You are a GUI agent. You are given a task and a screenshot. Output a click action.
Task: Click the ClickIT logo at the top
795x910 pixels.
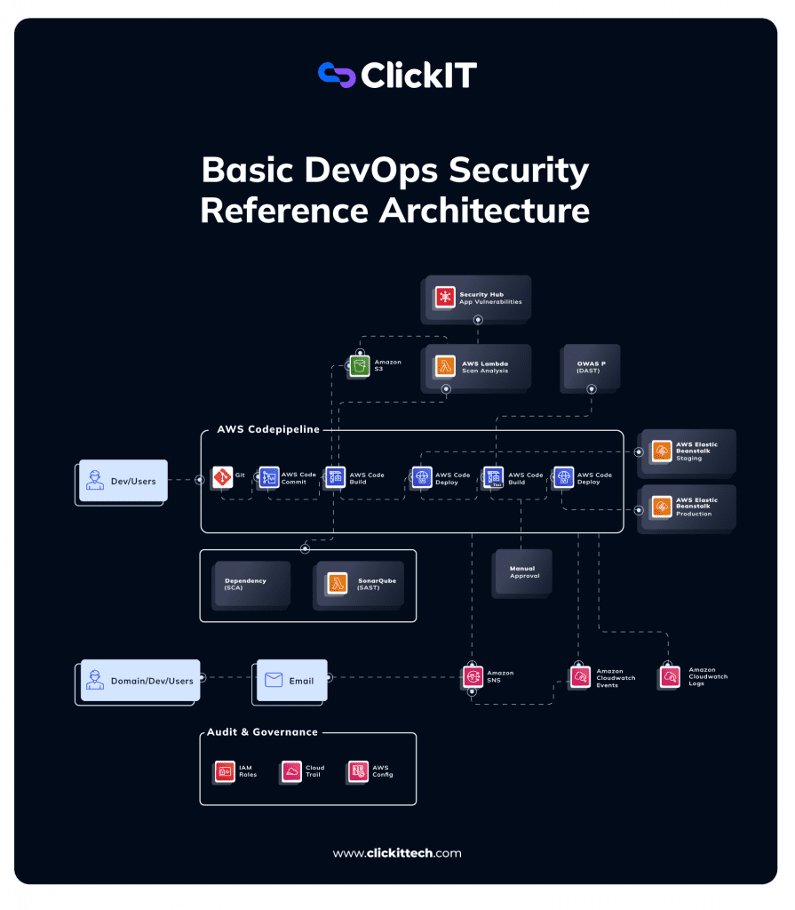(397, 76)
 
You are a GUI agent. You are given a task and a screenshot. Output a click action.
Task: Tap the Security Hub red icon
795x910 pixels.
(445, 297)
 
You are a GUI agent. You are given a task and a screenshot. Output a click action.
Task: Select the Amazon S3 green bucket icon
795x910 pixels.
(359, 366)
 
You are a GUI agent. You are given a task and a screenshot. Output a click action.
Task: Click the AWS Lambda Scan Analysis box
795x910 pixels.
(477, 366)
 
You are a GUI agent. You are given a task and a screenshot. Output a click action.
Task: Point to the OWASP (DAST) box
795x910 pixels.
(590, 367)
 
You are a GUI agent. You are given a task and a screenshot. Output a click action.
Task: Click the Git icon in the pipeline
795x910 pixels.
(222, 477)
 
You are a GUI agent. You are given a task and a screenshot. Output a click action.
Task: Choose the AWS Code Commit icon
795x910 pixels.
(269, 477)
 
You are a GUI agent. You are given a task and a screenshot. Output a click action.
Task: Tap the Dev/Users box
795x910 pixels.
(123, 481)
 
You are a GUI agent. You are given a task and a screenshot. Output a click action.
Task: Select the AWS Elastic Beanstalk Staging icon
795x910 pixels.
(662, 451)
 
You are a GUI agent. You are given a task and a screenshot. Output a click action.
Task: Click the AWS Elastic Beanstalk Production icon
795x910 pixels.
(662, 507)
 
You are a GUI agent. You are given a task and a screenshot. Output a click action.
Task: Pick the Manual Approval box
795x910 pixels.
(522, 571)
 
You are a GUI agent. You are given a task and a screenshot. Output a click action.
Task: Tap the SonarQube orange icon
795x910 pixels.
(338, 583)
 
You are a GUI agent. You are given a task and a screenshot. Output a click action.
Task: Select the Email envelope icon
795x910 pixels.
(274, 681)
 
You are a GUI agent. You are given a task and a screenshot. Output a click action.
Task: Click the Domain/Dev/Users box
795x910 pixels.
(138, 681)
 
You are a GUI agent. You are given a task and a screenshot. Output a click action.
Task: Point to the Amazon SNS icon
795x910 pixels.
(472, 677)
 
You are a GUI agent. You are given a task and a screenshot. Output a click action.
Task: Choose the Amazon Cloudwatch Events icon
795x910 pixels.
(580, 677)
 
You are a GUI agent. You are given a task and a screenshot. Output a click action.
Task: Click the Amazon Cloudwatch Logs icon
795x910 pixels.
(671, 677)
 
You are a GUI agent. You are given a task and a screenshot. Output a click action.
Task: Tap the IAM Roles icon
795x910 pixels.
(225, 771)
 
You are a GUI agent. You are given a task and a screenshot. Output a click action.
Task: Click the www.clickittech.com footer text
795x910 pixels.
(397, 853)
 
